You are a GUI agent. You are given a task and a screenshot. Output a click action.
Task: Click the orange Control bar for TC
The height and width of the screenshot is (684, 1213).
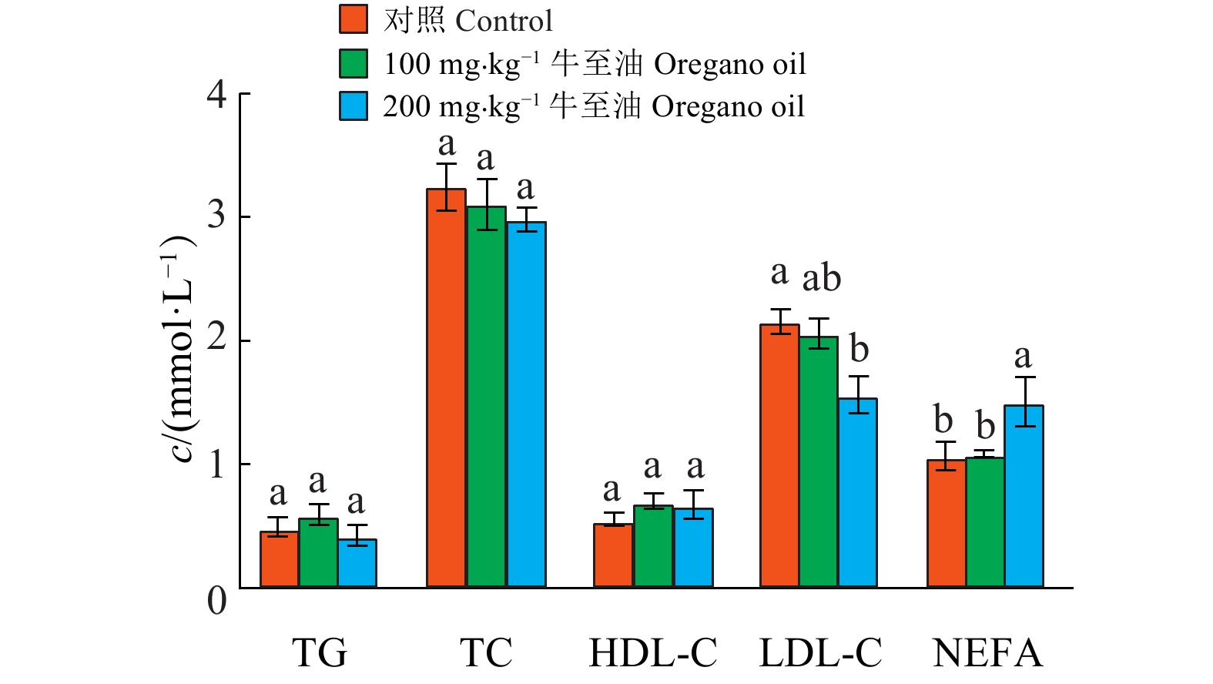pos(446,388)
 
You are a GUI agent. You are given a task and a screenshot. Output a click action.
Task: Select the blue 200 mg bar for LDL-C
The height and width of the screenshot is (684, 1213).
pos(857,493)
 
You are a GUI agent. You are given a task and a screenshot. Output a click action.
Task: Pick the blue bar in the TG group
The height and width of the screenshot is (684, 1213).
pos(357,563)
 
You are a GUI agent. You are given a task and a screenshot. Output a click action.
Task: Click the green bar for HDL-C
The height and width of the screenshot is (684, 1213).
pos(653,546)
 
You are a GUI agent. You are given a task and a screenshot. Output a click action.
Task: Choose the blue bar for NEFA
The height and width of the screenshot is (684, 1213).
pos(1024,496)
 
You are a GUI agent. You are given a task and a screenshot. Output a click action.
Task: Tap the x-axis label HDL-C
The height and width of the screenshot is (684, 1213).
pos(653,653)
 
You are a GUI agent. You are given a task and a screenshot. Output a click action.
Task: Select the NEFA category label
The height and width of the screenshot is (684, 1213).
pos(987,653)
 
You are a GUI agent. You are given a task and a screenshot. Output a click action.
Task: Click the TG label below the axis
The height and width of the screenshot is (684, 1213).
pos(319,653)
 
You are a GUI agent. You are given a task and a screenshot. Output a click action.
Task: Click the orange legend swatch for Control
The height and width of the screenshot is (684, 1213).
pos(354,19)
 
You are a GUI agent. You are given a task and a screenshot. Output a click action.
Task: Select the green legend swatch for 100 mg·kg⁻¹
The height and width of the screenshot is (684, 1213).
pos(354,63)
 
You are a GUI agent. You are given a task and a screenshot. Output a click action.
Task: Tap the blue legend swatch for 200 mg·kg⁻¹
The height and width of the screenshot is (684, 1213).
pos(354,106)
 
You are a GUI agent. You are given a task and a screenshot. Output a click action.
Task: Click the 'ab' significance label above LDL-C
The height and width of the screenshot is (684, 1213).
pos(822,278)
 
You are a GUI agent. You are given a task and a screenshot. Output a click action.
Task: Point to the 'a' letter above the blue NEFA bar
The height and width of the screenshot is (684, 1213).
pos(1022,357)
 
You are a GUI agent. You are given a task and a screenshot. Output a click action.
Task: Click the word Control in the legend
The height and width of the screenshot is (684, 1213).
pos(504,21)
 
